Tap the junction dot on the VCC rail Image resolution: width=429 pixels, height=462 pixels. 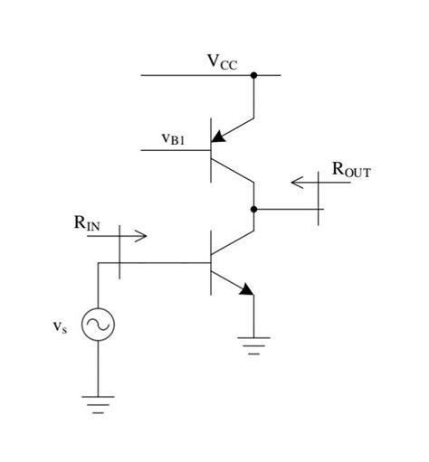click(254, 75)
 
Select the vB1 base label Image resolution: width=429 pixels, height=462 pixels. click(173, 138)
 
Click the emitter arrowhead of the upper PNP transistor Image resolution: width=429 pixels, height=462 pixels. click(218, 138)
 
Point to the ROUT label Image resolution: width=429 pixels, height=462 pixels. click(350, 168)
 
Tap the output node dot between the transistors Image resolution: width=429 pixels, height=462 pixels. click(254, 209)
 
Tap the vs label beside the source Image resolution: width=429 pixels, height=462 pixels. click(59, 327)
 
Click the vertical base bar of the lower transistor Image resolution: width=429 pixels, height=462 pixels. click(211, 262)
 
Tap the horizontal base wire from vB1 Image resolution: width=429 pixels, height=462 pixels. click(182, 149)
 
